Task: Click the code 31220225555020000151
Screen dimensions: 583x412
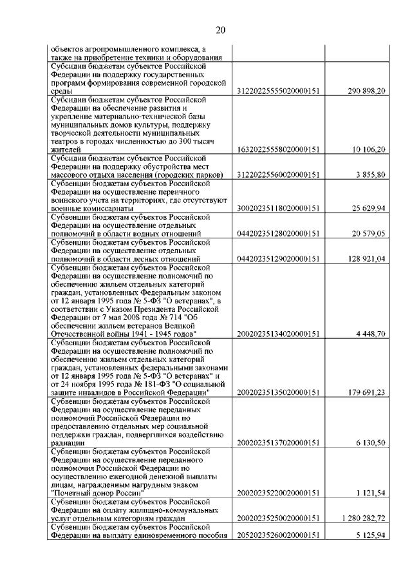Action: click(x=279, y=92)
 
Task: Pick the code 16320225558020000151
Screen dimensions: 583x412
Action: click(x=279, y=149)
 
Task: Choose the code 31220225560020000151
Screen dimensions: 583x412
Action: click(x=279, y=175)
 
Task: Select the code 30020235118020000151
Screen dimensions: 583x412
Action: click(x=279, y=209)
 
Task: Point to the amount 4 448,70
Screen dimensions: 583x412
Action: click(x=371, y=334)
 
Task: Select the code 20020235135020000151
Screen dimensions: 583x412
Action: click(x=279, y=392)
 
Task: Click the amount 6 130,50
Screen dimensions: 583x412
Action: click(x=371, y=443)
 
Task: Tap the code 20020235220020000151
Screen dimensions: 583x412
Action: click(x=279, y=493)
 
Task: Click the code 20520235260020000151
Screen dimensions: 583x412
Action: click(x=279, y=535)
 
